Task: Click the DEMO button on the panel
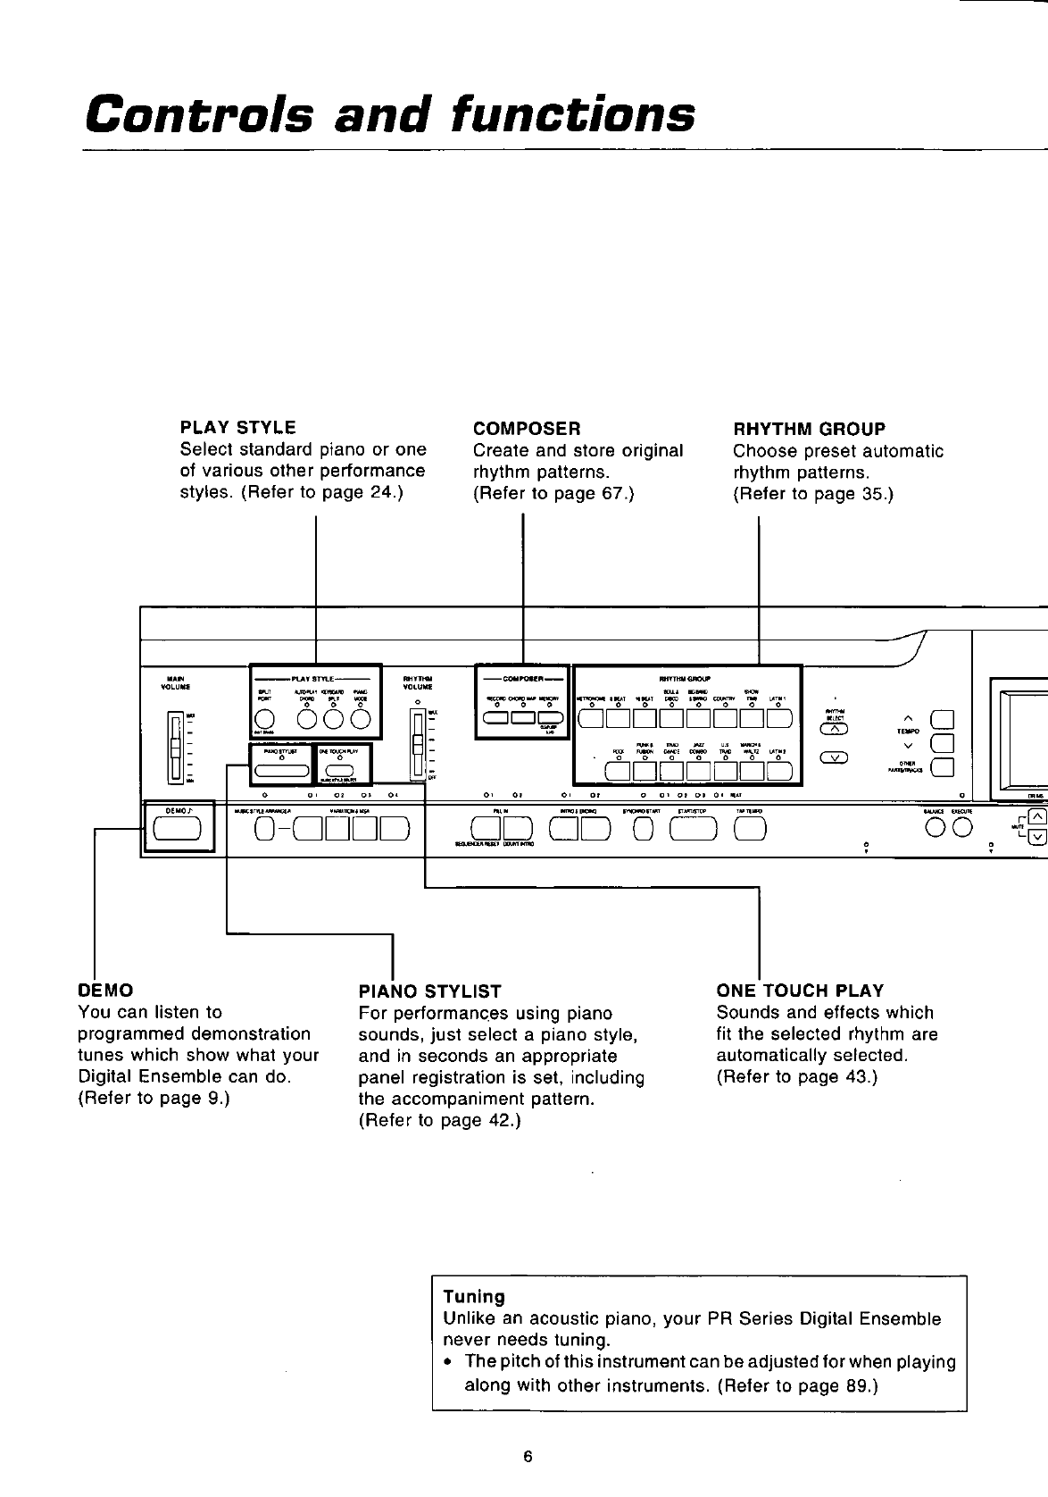178,829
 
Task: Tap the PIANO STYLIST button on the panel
281,772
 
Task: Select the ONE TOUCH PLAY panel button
341,773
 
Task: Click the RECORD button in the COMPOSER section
496,717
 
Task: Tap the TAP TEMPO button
749,830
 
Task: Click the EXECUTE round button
960,829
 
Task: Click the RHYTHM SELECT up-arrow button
834,728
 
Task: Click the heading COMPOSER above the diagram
527,429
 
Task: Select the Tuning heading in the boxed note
474,1296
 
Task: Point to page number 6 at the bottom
528,1458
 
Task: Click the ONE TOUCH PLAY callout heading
800,991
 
